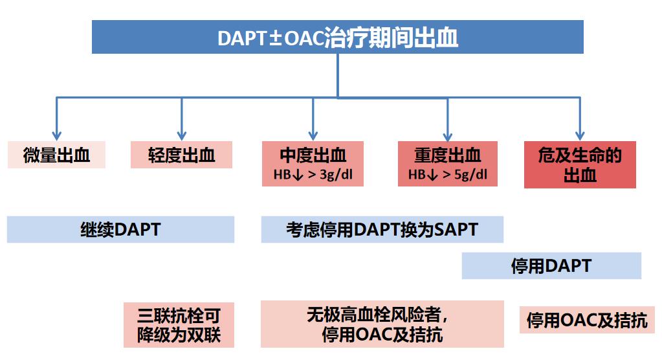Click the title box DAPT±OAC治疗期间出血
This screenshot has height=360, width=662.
[337, 38]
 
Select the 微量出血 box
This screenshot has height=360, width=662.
[56, 155]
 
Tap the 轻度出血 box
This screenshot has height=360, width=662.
[181, 155]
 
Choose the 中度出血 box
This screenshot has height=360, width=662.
[313, 155]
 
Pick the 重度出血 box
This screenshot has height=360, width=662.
[447, 155]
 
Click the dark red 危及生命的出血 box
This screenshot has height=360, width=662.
[580, 165]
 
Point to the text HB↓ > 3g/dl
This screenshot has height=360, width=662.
[313, 175]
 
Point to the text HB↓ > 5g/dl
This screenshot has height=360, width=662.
[447, 175]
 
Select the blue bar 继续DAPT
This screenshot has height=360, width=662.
[120, 230]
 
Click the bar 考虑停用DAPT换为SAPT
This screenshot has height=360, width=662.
[382, 230]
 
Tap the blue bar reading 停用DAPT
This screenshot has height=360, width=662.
[551, 266]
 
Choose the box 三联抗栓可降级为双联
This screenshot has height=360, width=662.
[179, 325]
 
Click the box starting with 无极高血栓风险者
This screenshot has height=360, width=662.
[382, 324]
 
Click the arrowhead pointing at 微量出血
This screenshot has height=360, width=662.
[57, 135]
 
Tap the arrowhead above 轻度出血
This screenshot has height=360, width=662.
[182, 135]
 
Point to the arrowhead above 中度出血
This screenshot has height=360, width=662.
[313, 135]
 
